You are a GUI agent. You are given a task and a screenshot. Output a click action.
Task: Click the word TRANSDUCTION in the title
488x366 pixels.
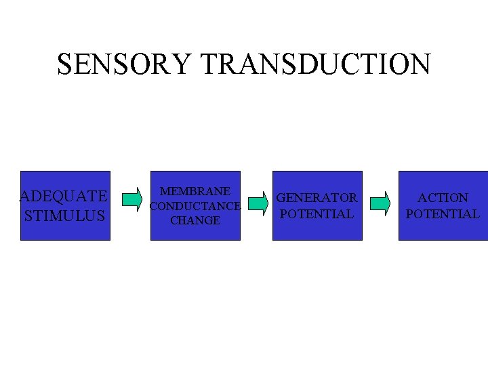coord(316,64)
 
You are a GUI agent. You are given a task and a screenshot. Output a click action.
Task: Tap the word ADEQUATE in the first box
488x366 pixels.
coord(64,197)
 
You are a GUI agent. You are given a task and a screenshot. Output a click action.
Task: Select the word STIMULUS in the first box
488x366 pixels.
coord(65,216)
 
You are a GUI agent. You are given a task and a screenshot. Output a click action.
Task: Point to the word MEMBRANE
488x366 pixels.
coord(195,192)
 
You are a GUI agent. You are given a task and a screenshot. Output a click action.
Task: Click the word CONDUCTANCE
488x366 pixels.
coord(195,206)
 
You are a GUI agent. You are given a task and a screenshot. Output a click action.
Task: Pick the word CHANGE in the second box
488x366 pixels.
coord(195,220)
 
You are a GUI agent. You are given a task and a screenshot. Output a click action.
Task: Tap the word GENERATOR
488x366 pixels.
coord(317,198)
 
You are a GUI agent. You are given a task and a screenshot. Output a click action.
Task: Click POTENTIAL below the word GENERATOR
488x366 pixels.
coord(317,214)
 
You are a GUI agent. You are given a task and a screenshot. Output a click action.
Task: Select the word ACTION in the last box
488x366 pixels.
coord(443,198)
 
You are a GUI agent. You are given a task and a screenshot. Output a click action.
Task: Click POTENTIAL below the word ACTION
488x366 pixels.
coord(443,214)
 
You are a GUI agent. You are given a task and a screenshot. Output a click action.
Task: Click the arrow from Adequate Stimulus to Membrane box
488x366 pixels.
coord(131,199)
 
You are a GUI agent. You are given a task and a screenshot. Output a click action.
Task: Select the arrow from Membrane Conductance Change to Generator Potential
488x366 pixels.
coord(257,202)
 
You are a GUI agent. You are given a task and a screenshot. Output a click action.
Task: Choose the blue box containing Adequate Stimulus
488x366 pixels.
coord(65,230)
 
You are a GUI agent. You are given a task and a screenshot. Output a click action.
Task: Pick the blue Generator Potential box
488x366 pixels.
coord(317,230)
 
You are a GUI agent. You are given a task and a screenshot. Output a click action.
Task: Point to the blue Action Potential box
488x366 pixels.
coord(443,230)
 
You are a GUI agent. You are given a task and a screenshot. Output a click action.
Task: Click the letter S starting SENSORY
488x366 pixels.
coord(65,64)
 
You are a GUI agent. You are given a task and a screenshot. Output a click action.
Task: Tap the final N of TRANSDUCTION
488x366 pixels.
coord(421,64)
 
